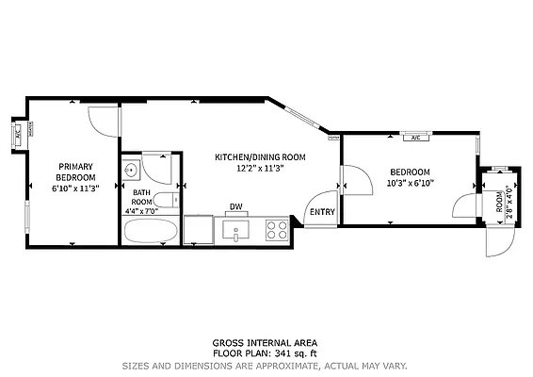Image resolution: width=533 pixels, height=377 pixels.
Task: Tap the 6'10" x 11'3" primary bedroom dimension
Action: (x=75, y=188)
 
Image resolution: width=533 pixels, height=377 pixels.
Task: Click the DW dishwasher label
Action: (x=236, y=207)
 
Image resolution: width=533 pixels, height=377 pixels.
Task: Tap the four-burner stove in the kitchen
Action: (x=277, y=228)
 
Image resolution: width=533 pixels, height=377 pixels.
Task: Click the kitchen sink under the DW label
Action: (x=236, y=228)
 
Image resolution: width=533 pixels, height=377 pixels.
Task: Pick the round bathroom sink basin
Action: (x=132, y=171)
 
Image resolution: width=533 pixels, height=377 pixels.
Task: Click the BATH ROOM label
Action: (x=141, y=197)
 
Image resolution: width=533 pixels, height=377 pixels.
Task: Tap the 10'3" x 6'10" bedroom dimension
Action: (x=410, y=184)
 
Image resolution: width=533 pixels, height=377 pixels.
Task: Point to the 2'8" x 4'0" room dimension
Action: (x=509, y=203)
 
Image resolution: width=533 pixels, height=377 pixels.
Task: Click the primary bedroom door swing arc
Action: (x=101, y=120)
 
